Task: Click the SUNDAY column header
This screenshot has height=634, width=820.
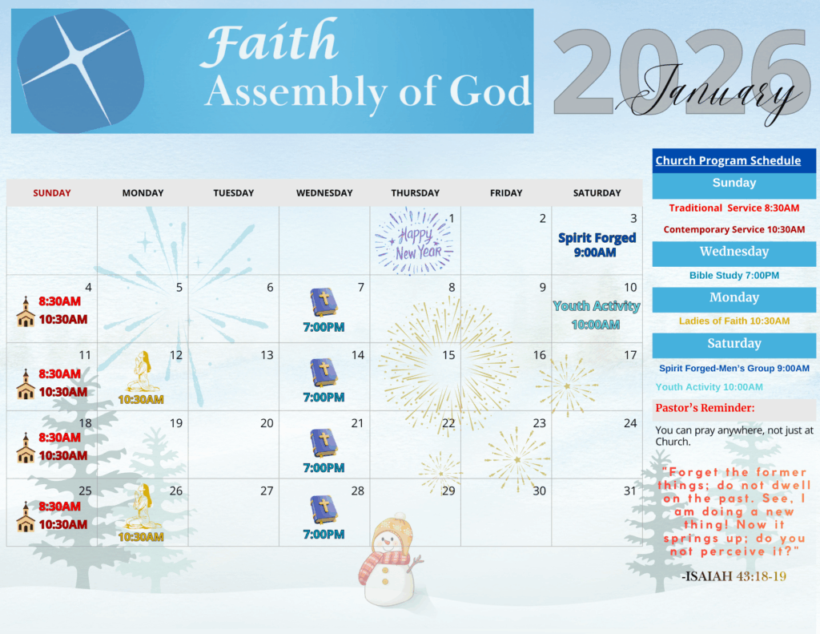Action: [x=52, y=192]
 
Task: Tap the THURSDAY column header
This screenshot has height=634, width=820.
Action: [x=416, y=192]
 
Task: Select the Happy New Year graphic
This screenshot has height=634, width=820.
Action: [x=414, y=241]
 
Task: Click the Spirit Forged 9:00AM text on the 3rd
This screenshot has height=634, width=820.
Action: [x=597, y=245]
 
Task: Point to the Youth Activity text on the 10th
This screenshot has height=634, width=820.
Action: [x=596, y=305]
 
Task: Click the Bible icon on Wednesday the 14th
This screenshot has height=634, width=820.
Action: [x=324, y=373]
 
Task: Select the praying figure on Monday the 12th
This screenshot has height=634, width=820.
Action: [x=142, y=372]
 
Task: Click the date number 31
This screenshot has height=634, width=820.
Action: [x=629, y=491]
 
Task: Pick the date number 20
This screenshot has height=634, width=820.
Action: [x=267, y=423]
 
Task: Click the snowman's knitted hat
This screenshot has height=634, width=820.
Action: [x=393, y=531]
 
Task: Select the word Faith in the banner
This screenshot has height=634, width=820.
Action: [x=270, y=42]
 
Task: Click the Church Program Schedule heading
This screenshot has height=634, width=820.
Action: [x=728, y=161]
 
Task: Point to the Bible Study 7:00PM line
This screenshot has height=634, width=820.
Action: [x=734, y=276]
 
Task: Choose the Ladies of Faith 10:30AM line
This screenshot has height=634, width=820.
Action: [x=734, y=321]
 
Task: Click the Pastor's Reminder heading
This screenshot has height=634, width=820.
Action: [x=705, y=408]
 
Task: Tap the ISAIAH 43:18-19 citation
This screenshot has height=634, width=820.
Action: [x=734, y=576]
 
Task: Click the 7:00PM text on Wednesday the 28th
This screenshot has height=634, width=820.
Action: [x=324, y=535]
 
